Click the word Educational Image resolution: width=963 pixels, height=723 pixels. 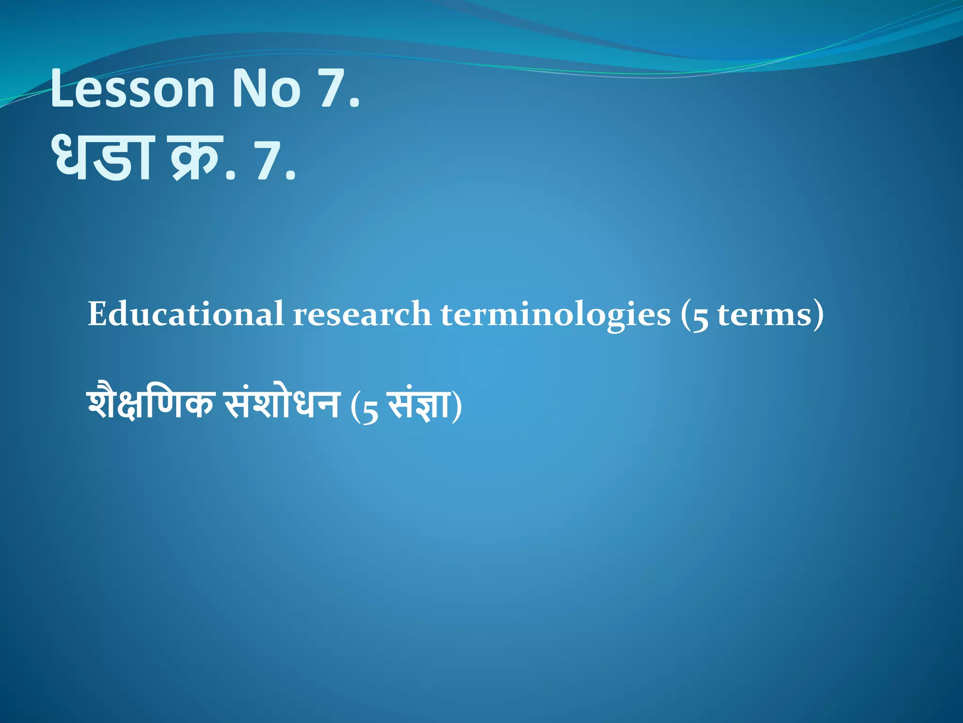point(186,314)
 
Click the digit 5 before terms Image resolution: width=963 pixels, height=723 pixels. point(700,318)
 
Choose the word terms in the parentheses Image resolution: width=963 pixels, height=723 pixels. point(765,314)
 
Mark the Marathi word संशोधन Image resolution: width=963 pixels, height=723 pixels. point(282,404)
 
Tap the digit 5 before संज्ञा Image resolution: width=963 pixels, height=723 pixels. point(370,409)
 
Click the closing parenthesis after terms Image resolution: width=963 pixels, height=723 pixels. point(819,314)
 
